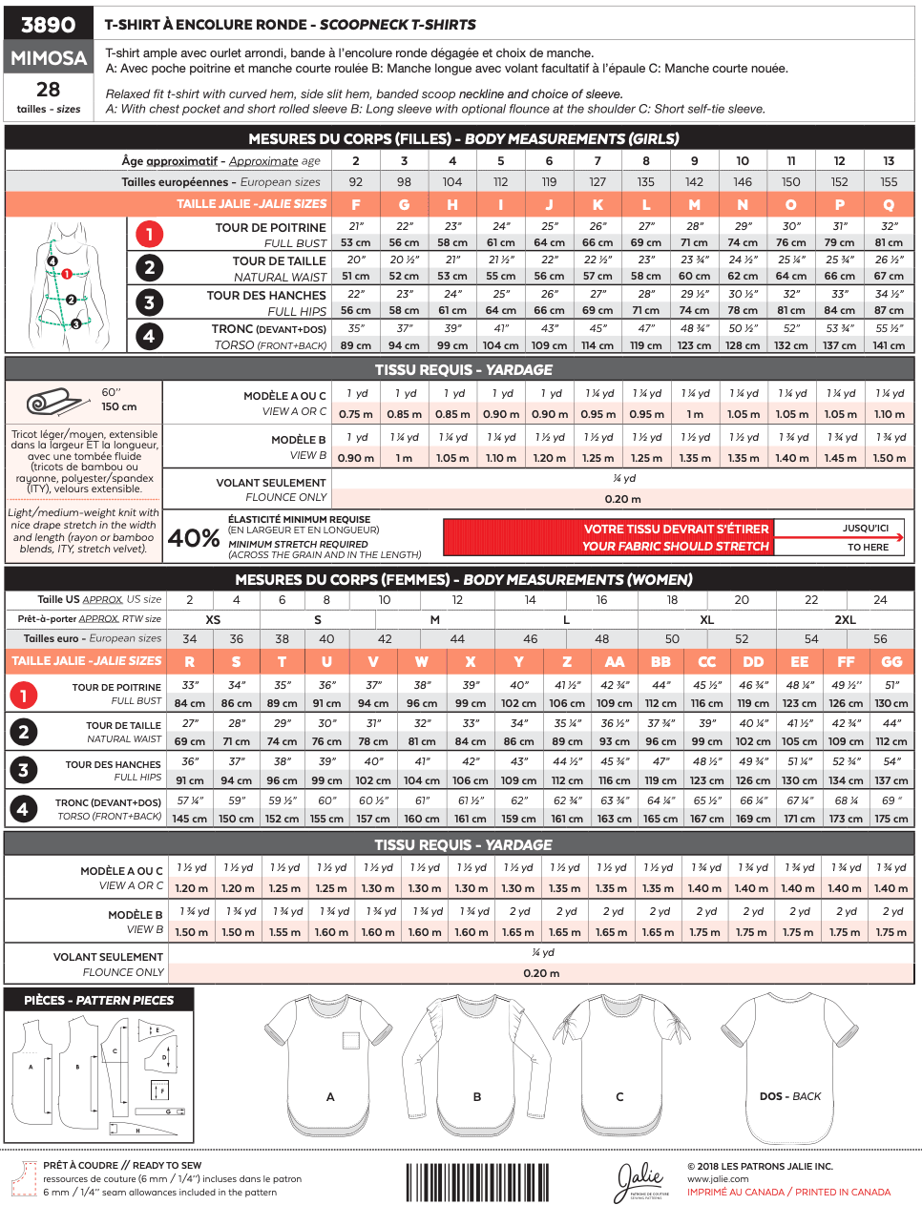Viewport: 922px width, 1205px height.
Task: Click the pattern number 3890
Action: pos(48,25)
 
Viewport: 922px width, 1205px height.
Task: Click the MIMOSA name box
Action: pos(49,58)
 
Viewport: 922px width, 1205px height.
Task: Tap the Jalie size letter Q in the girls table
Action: pos(889,205)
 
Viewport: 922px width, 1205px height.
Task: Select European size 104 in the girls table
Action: pos(452,182)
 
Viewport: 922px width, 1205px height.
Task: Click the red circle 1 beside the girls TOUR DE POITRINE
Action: pos(149,234)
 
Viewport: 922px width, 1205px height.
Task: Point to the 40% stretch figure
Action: pos(194,538)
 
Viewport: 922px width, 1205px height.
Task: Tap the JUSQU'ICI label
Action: pos(866,529)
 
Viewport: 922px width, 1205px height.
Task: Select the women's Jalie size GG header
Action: pos(891,662)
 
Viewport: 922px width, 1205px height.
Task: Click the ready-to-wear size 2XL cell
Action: pos(846,620)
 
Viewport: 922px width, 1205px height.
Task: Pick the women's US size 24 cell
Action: pos(880,600)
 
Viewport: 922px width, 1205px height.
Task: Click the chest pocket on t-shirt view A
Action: pos(351,1041)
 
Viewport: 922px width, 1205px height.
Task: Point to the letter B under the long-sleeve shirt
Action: pos(477,1097)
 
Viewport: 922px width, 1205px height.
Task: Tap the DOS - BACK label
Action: pos(789,1096)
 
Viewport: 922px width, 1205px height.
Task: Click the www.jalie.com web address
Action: pos(718,1179)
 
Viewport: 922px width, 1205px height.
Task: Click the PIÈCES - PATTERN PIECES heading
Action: pos(99,1000)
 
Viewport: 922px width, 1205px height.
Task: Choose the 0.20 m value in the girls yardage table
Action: pos(622,499)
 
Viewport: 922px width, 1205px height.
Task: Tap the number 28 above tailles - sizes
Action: pos(49,90)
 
